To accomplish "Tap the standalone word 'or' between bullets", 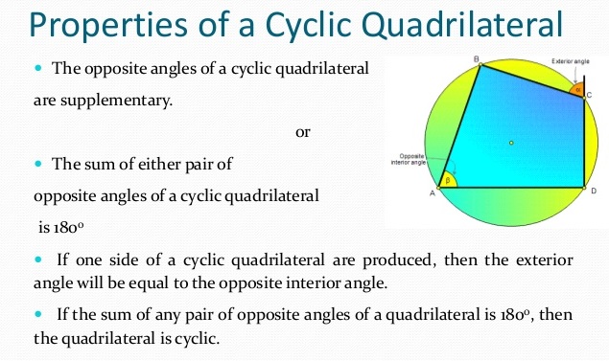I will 303,132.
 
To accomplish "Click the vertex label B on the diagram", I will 476,59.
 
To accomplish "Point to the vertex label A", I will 431,193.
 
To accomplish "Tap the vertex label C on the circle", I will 589,96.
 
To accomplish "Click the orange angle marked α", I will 576,89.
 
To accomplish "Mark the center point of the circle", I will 511,143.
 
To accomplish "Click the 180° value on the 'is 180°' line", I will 59,230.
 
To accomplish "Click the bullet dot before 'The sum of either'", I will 39,165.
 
